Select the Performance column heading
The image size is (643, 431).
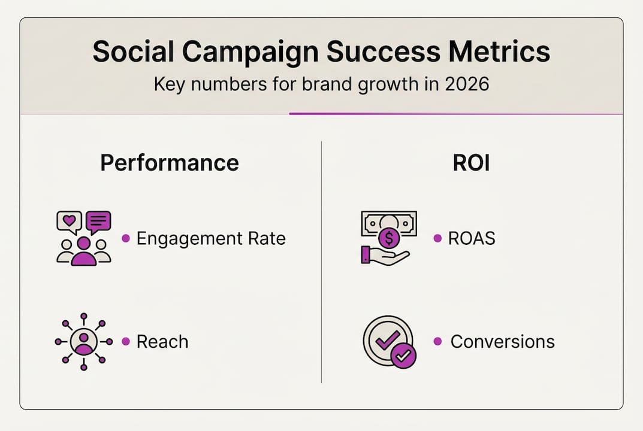(x=170, y=163)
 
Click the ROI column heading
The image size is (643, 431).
(x=472, y=163)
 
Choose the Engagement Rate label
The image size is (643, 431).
(x=211, y=238)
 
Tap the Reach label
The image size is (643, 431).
(x=162, y=342)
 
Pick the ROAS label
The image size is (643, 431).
(x=472, y=238)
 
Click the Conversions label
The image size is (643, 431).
(x=502, y=342)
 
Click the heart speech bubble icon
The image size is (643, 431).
(x=69, y=222)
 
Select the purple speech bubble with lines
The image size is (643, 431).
(x=98, y=222)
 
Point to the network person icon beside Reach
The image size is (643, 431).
(x=84, y=341)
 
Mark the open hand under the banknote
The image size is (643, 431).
(x=387, y=256)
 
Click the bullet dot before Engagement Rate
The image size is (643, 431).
(x=126, y=238)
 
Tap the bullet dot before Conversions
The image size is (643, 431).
(x=438, y=341)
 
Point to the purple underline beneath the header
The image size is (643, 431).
(x=455, y=114)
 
